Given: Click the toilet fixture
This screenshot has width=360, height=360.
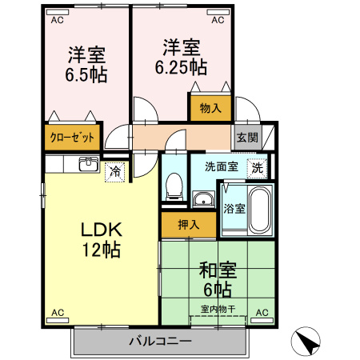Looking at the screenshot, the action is [174, 186].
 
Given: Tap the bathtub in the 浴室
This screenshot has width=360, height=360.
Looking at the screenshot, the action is [260, 210].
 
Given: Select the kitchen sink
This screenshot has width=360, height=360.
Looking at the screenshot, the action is [89, 164].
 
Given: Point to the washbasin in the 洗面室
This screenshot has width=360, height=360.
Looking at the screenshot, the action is [203, 198].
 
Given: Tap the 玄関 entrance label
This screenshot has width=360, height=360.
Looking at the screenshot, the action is [247, 138].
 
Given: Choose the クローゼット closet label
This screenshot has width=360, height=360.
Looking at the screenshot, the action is [72, 138].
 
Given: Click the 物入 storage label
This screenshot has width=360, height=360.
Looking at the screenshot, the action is [210, 108].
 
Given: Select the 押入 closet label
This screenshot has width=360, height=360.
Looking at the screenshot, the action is [189, 225].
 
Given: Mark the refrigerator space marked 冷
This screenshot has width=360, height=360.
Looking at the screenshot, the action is [115, 172].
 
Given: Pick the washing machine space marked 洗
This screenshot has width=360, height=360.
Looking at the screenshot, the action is [257, 168].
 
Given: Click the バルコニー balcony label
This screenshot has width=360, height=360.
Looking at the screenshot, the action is [161, 341].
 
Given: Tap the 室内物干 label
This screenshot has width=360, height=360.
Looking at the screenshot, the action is [218, 310].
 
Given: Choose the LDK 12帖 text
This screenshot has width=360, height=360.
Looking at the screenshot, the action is [102, 240].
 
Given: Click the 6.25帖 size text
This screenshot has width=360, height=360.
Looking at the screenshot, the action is [181, 67].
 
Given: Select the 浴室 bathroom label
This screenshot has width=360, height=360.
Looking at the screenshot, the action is [234, 209].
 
